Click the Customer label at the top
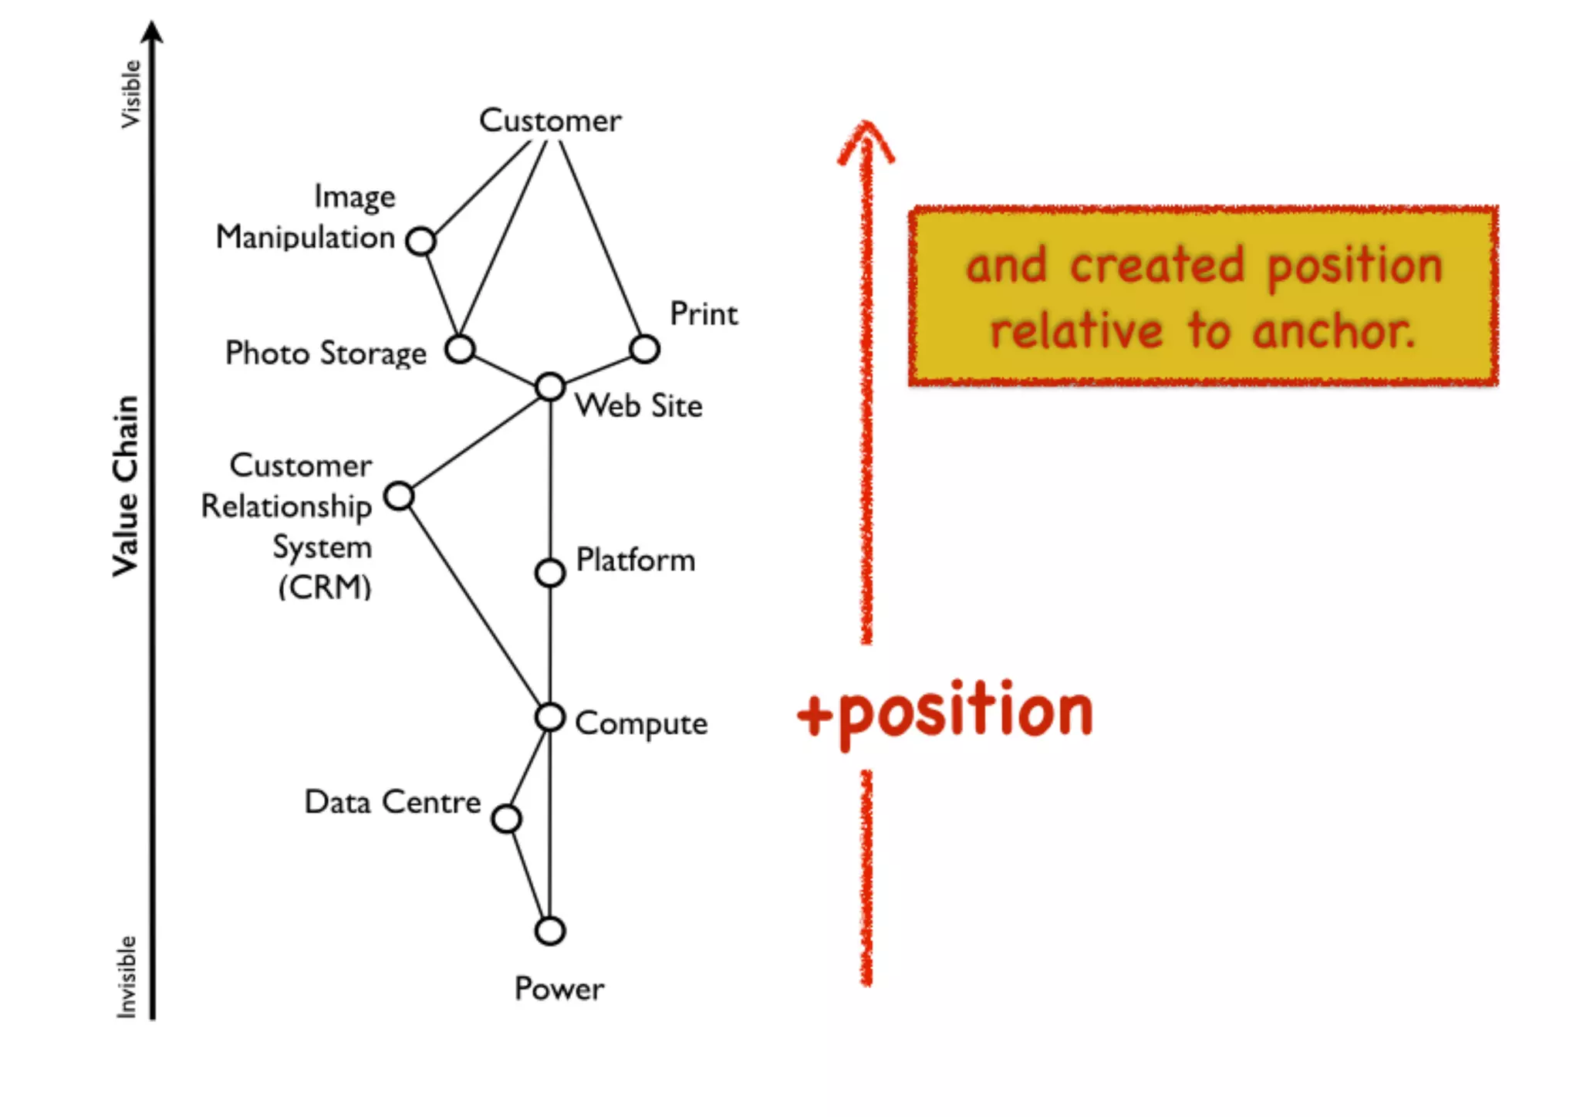550,120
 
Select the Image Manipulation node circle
420,242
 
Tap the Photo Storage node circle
460,349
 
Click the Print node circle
644,349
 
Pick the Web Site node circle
550,386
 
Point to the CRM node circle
399,496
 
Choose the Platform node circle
550,573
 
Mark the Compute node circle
550,717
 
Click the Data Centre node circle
506,818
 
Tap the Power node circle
550,931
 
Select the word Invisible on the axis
127,977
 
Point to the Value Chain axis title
126,486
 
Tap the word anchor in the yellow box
1335,331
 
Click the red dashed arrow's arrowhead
866,139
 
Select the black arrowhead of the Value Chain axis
153,32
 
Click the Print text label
704,314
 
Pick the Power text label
559,989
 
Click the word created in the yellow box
1157,266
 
